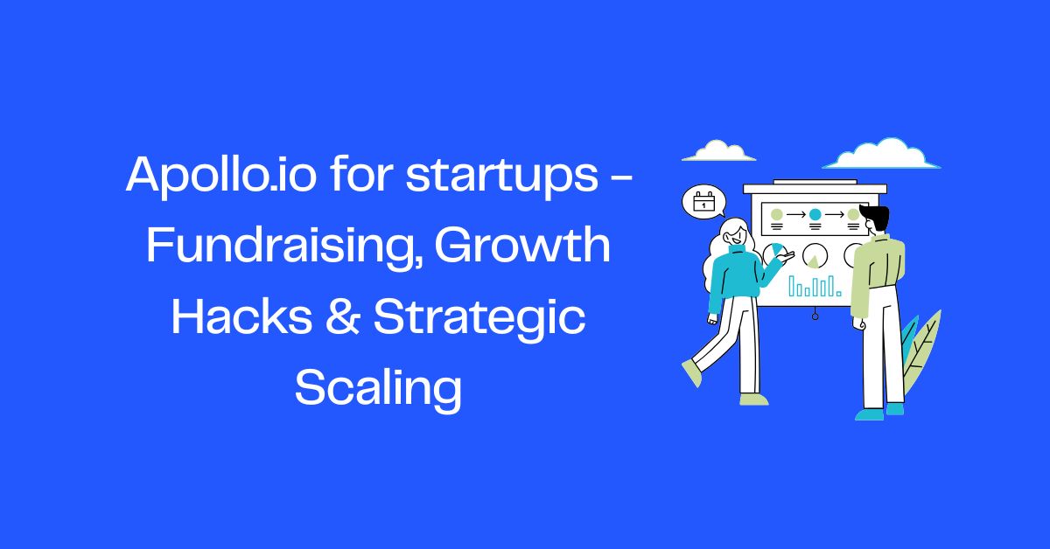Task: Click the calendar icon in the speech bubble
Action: click(x=703, y=204)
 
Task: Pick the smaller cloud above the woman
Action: click(x=718, y=152)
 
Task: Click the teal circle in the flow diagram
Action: click(x=815, y=214)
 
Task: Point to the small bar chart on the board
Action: click(x=814, y=286)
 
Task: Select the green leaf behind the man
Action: click(x=920, y=350)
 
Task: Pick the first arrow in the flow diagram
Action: click(x=795, y=214)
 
